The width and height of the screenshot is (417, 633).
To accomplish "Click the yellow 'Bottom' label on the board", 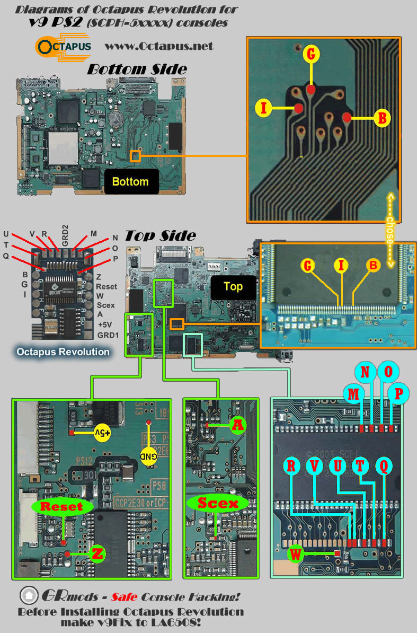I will pyautogui.click(x=130, y=181).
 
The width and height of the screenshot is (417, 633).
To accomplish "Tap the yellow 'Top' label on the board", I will pyautogui.click(x=233, y=286).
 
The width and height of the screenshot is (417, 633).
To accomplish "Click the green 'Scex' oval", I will pyautogui.click(x=218, y=503).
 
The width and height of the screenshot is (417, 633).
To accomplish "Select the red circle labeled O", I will pyautogui.click(x=388, y=372).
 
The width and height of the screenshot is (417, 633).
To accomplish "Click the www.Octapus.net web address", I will pyautogui.click(x=159, y=46).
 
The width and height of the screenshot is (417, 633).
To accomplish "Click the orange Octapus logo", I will pyautogui.click(x=63, y=46).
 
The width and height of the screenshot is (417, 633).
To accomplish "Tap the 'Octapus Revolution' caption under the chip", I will pyautogui.click(x=63, y=351).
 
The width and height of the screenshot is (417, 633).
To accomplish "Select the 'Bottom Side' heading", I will pyautogui.click(x=137, y=69).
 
